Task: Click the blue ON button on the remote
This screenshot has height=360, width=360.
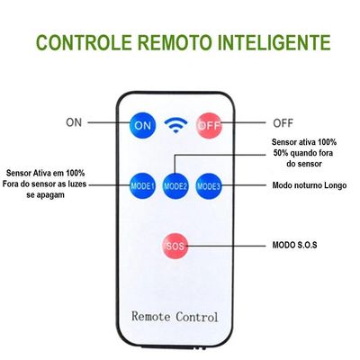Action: [x=142, y=125]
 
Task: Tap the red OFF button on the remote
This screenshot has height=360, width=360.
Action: [x=209, y=125]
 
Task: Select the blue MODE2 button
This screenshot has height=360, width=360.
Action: [x=175, y=186]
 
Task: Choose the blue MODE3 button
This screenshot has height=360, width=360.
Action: [x=209, y=186]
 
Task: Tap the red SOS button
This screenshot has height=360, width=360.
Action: [x=175, y=246]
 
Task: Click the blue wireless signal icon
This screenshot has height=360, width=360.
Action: [x=175, y=125]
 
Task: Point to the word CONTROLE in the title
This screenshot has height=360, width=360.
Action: [x=85, y=42]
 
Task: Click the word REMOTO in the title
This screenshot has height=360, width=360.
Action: [x=175, y=42]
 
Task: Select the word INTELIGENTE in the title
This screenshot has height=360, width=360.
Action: [x=274, y=42]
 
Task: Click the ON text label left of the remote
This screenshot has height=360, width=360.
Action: [x=74, y=122]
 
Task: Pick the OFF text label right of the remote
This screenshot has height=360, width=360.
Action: [x=283, y=123]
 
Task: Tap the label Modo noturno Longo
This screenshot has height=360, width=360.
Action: [x=310, y=185]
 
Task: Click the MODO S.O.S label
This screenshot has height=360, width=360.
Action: [x=294, y=245]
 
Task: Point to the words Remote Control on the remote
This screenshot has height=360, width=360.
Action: [x=175, y=317]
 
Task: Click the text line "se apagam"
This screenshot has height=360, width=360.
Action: [x=45, y=195]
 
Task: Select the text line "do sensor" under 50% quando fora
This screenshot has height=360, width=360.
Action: [x=304, y=164]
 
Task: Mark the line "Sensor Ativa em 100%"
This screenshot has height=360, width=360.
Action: [x=46, y=173]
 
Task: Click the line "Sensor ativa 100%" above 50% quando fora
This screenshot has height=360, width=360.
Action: [x=304, y=142]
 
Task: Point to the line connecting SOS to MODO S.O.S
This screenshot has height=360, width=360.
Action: [x=227, y=246]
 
